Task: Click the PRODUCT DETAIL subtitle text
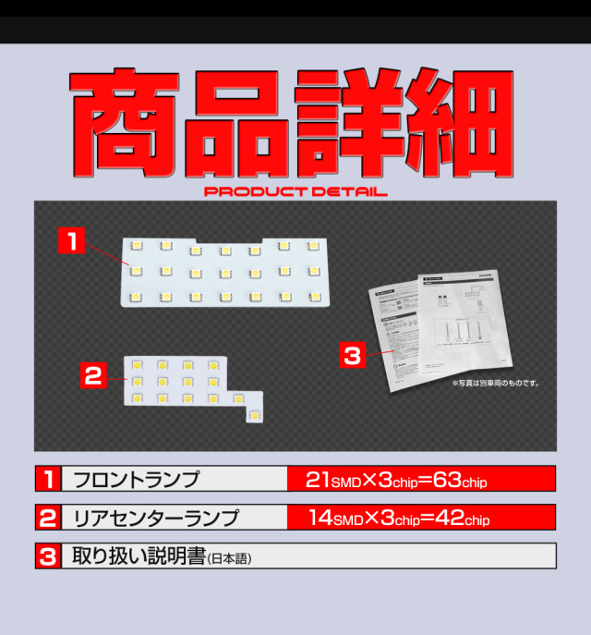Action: [295, 192]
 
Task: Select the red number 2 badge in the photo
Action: [91, 375]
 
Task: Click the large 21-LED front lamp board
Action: [225, 272]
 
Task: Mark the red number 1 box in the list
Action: [47, 480]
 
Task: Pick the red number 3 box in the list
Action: [47, 556]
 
